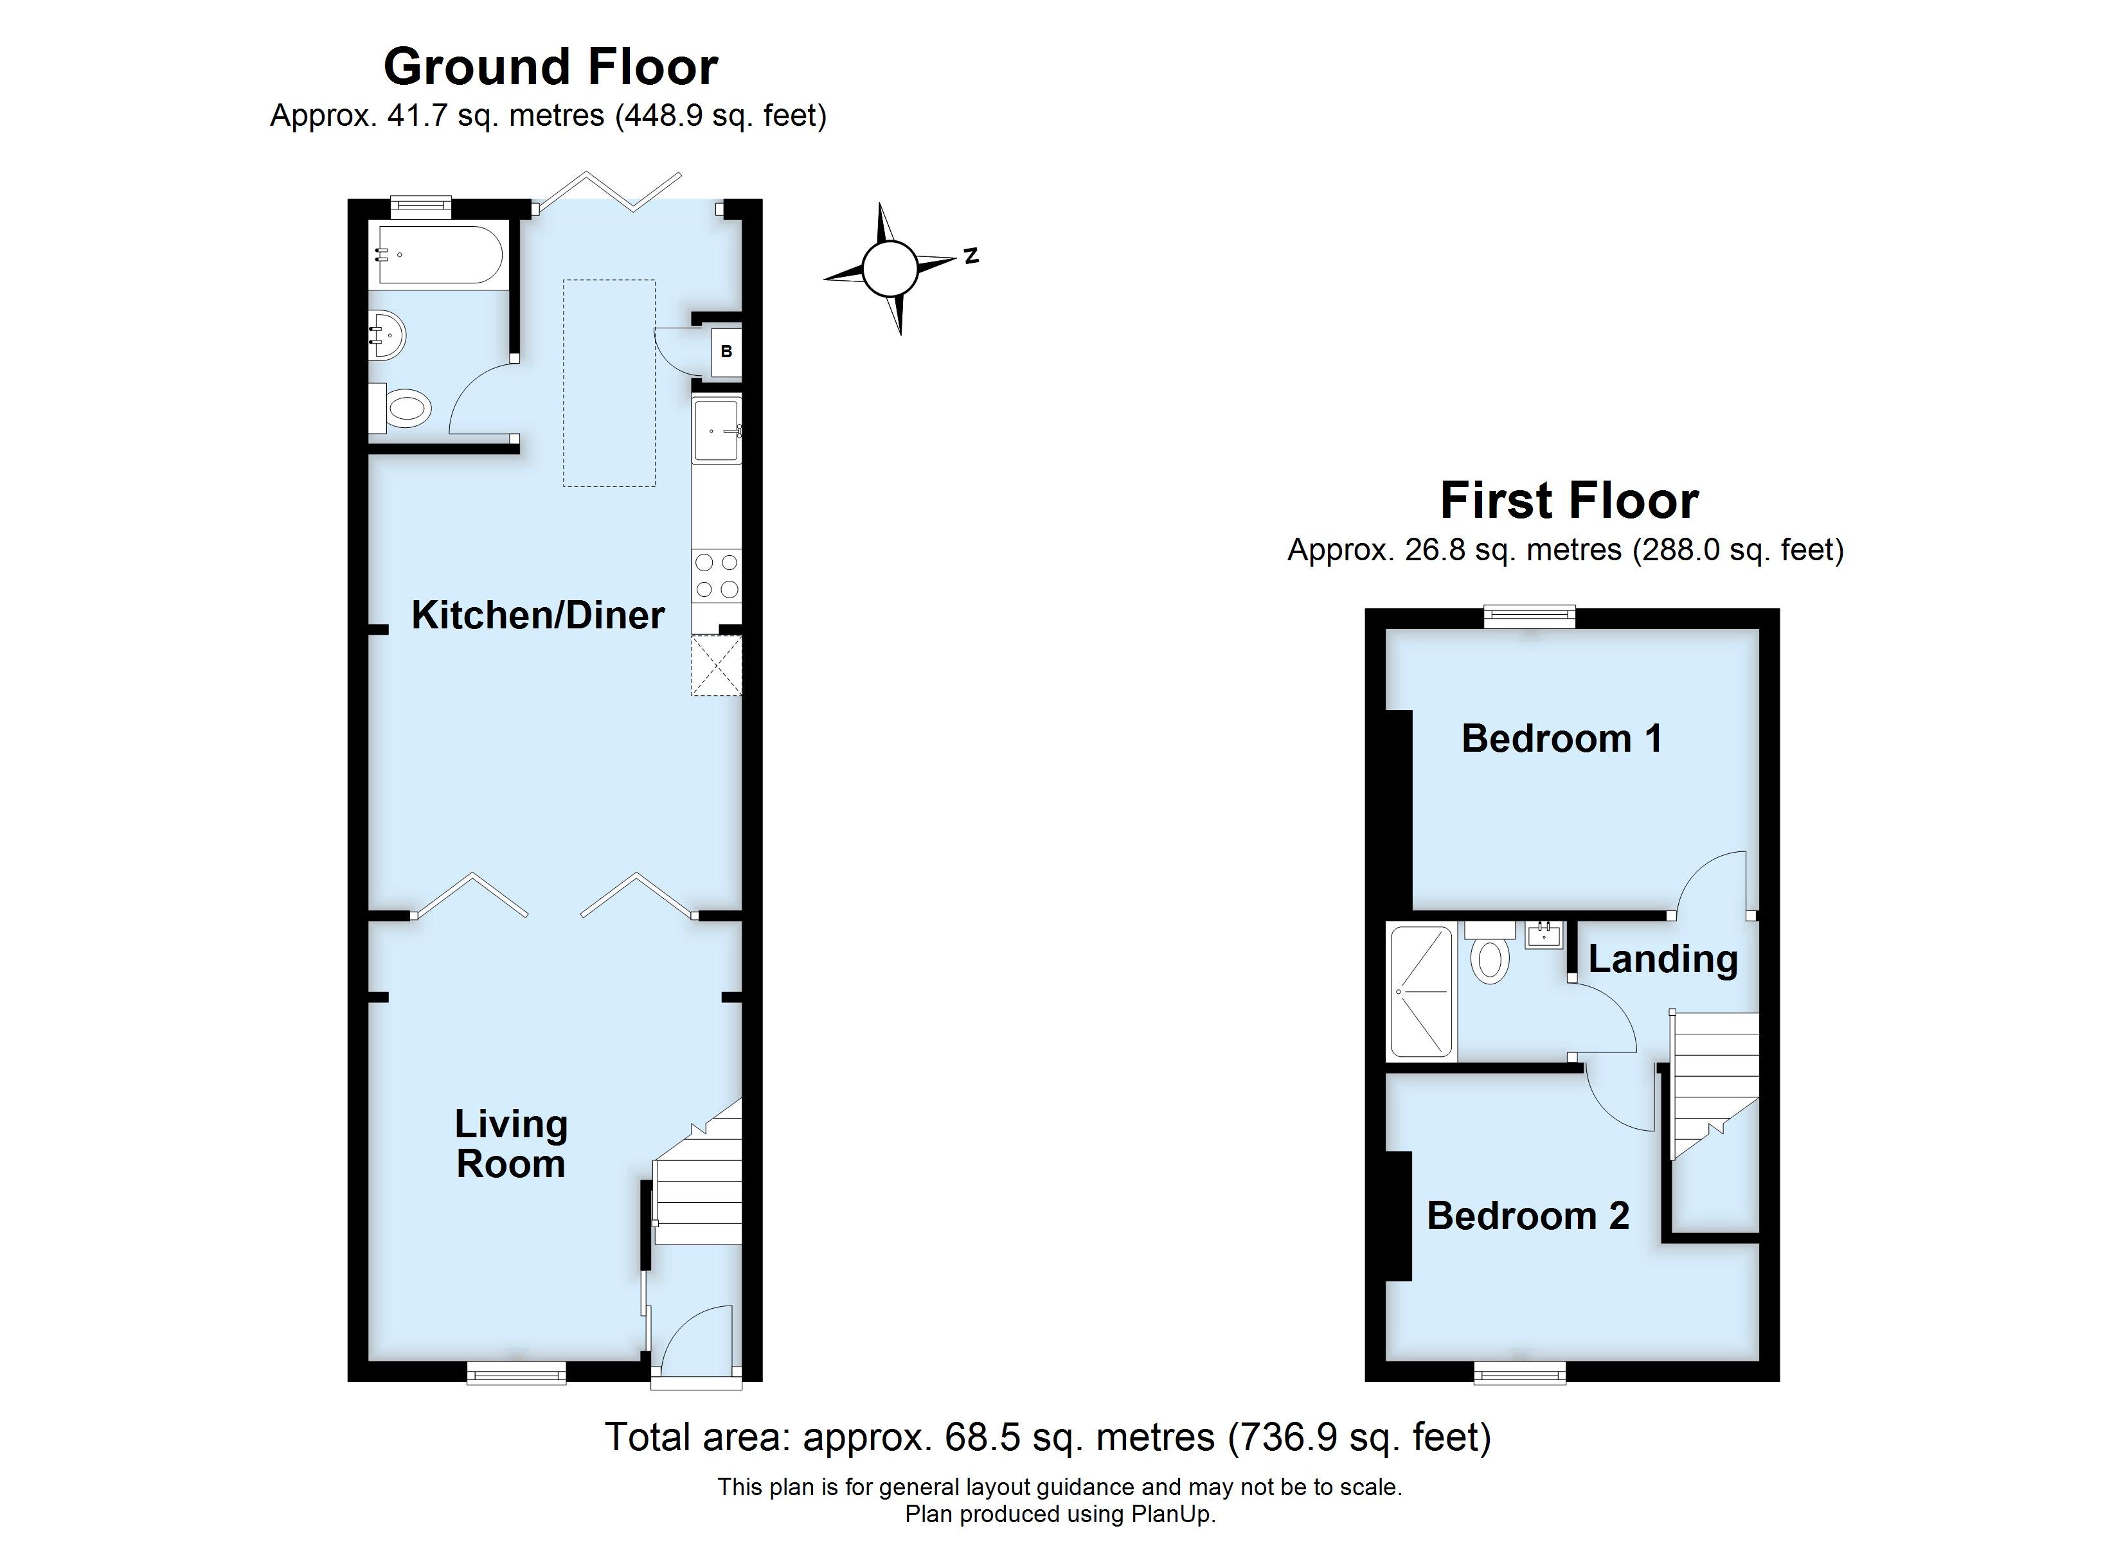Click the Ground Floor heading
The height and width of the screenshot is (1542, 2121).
pyautogui.click(x=550, y=67)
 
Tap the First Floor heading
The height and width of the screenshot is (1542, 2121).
pyautogui.click(x=1568, y=501)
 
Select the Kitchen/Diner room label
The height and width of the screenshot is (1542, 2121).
pyautogui.click(x=538, y=616)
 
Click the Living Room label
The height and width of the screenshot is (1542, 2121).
pyautogui.click(x=510, y=1144)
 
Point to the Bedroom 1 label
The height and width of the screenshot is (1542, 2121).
pyautogui.click(x=1562, y=739)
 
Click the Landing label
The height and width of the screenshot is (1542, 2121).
pyautogui.click(x=1663, y=959)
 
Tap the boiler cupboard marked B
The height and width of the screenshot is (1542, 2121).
pyautogui.click(x=726, y=351)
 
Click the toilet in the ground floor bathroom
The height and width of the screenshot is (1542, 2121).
pyautogui.click(x=402, y=408)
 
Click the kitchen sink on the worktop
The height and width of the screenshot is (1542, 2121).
pyautogui.click(x=717, y=430)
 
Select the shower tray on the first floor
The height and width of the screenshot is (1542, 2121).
pyautogui.click(x=1420, y=992)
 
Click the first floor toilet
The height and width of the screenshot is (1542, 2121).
pyautogui.click(x=1490, y=954)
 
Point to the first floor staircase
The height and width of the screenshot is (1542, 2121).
pyautogui.click(x=1714, y=1085)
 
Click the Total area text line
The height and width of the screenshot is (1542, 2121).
pyautogui.click(x=1048, y=1437)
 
